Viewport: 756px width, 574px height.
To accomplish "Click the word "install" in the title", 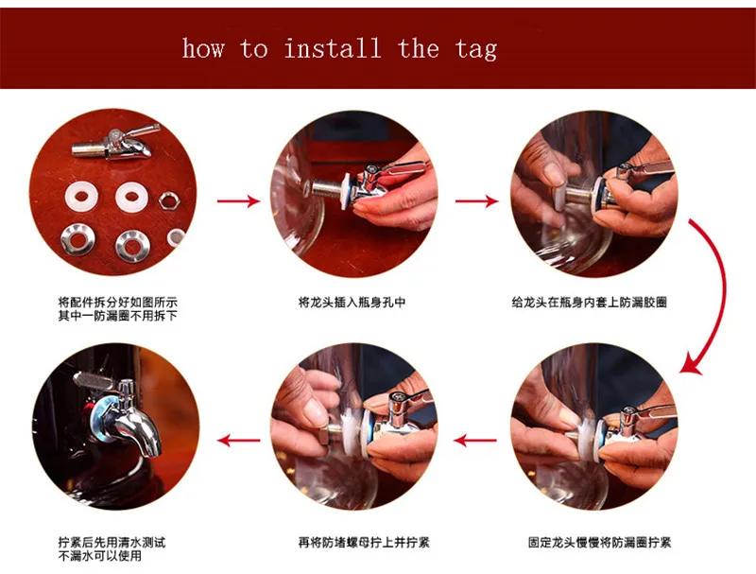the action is click(333, 49).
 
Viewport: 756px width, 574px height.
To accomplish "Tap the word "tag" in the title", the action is click(476, 50).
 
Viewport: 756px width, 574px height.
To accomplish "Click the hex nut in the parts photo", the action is click(169, 200).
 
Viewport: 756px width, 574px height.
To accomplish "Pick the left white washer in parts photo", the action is click(81, 197).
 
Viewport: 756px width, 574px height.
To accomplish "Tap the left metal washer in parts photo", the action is click(77, 239).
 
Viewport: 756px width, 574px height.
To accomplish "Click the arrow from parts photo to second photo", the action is click(238, 200).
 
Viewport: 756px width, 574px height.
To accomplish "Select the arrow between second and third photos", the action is click(477, 200).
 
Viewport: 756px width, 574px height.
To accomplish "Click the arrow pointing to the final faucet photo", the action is click(239, 440).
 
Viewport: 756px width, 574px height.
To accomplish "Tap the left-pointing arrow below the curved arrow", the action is click(475, 440).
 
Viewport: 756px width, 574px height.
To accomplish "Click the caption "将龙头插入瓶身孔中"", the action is click(352, 303).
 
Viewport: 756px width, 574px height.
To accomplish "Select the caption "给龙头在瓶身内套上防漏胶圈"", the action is click(589, 303).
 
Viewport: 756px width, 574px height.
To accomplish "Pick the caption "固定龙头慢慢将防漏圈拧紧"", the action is click(599, 542).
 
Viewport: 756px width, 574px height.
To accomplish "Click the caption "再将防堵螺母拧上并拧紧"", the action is click(364, 542).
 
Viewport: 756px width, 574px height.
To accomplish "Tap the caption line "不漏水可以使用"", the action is click(100, 556).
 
